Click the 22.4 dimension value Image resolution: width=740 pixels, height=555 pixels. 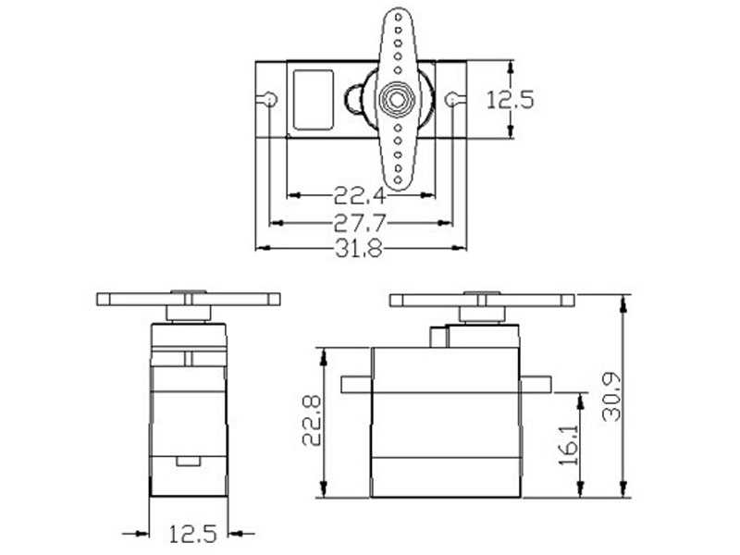(360, 195)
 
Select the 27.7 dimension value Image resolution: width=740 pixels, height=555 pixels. (360, 223)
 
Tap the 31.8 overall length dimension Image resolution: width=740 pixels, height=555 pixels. (360, 249)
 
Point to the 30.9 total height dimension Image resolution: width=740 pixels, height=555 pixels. (610, 396)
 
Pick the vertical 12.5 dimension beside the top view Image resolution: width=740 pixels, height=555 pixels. (512, 100)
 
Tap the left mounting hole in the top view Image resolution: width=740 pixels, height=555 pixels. (268, 99)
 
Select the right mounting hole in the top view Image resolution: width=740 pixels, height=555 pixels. (452, 99)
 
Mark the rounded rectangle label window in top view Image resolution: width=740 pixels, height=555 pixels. (313, 100)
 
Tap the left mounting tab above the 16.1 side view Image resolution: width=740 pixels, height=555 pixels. (356, 384)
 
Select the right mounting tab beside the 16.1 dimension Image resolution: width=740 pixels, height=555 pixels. (536, 384)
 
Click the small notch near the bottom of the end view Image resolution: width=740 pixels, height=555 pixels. (188, 460)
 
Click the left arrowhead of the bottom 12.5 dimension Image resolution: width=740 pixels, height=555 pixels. (143, 533)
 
